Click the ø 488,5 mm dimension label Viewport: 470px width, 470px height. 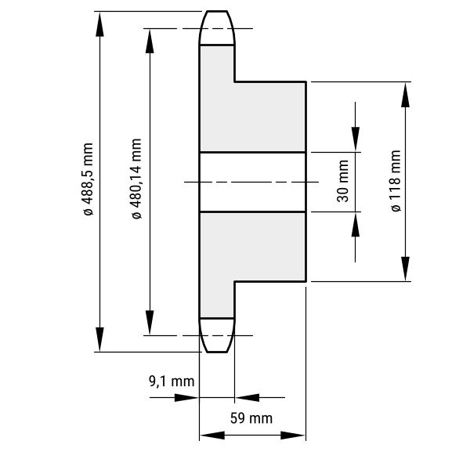click(88, 179)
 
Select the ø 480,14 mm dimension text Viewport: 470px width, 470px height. click(136, 179)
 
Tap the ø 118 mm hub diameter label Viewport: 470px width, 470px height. click(396, 181)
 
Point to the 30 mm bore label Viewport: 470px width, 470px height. click(343, 181)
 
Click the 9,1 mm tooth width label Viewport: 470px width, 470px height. click(172, 381)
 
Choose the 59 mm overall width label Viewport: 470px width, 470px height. click(251, 418)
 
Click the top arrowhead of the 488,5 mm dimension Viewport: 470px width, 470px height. click(99, 24)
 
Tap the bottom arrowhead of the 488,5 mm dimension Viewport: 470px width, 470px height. click(99, 339)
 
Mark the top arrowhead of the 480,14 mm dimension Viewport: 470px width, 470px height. click(150, 41)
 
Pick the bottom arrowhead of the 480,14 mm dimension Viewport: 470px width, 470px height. click(150, 323)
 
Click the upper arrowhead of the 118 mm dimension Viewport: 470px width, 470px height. click(405, 95)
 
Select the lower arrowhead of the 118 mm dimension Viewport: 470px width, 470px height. click(405, 269)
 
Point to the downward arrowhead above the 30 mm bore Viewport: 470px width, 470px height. click(356, 139)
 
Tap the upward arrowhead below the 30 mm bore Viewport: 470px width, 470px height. click(356, 225)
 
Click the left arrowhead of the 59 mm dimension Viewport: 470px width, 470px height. click(212, 436)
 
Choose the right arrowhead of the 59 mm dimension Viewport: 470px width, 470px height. click(293, 436)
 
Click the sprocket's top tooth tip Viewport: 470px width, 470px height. click(217, 12)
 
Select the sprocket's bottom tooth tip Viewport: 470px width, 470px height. click(217, 352)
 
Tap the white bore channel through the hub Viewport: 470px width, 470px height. click(253, 182)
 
